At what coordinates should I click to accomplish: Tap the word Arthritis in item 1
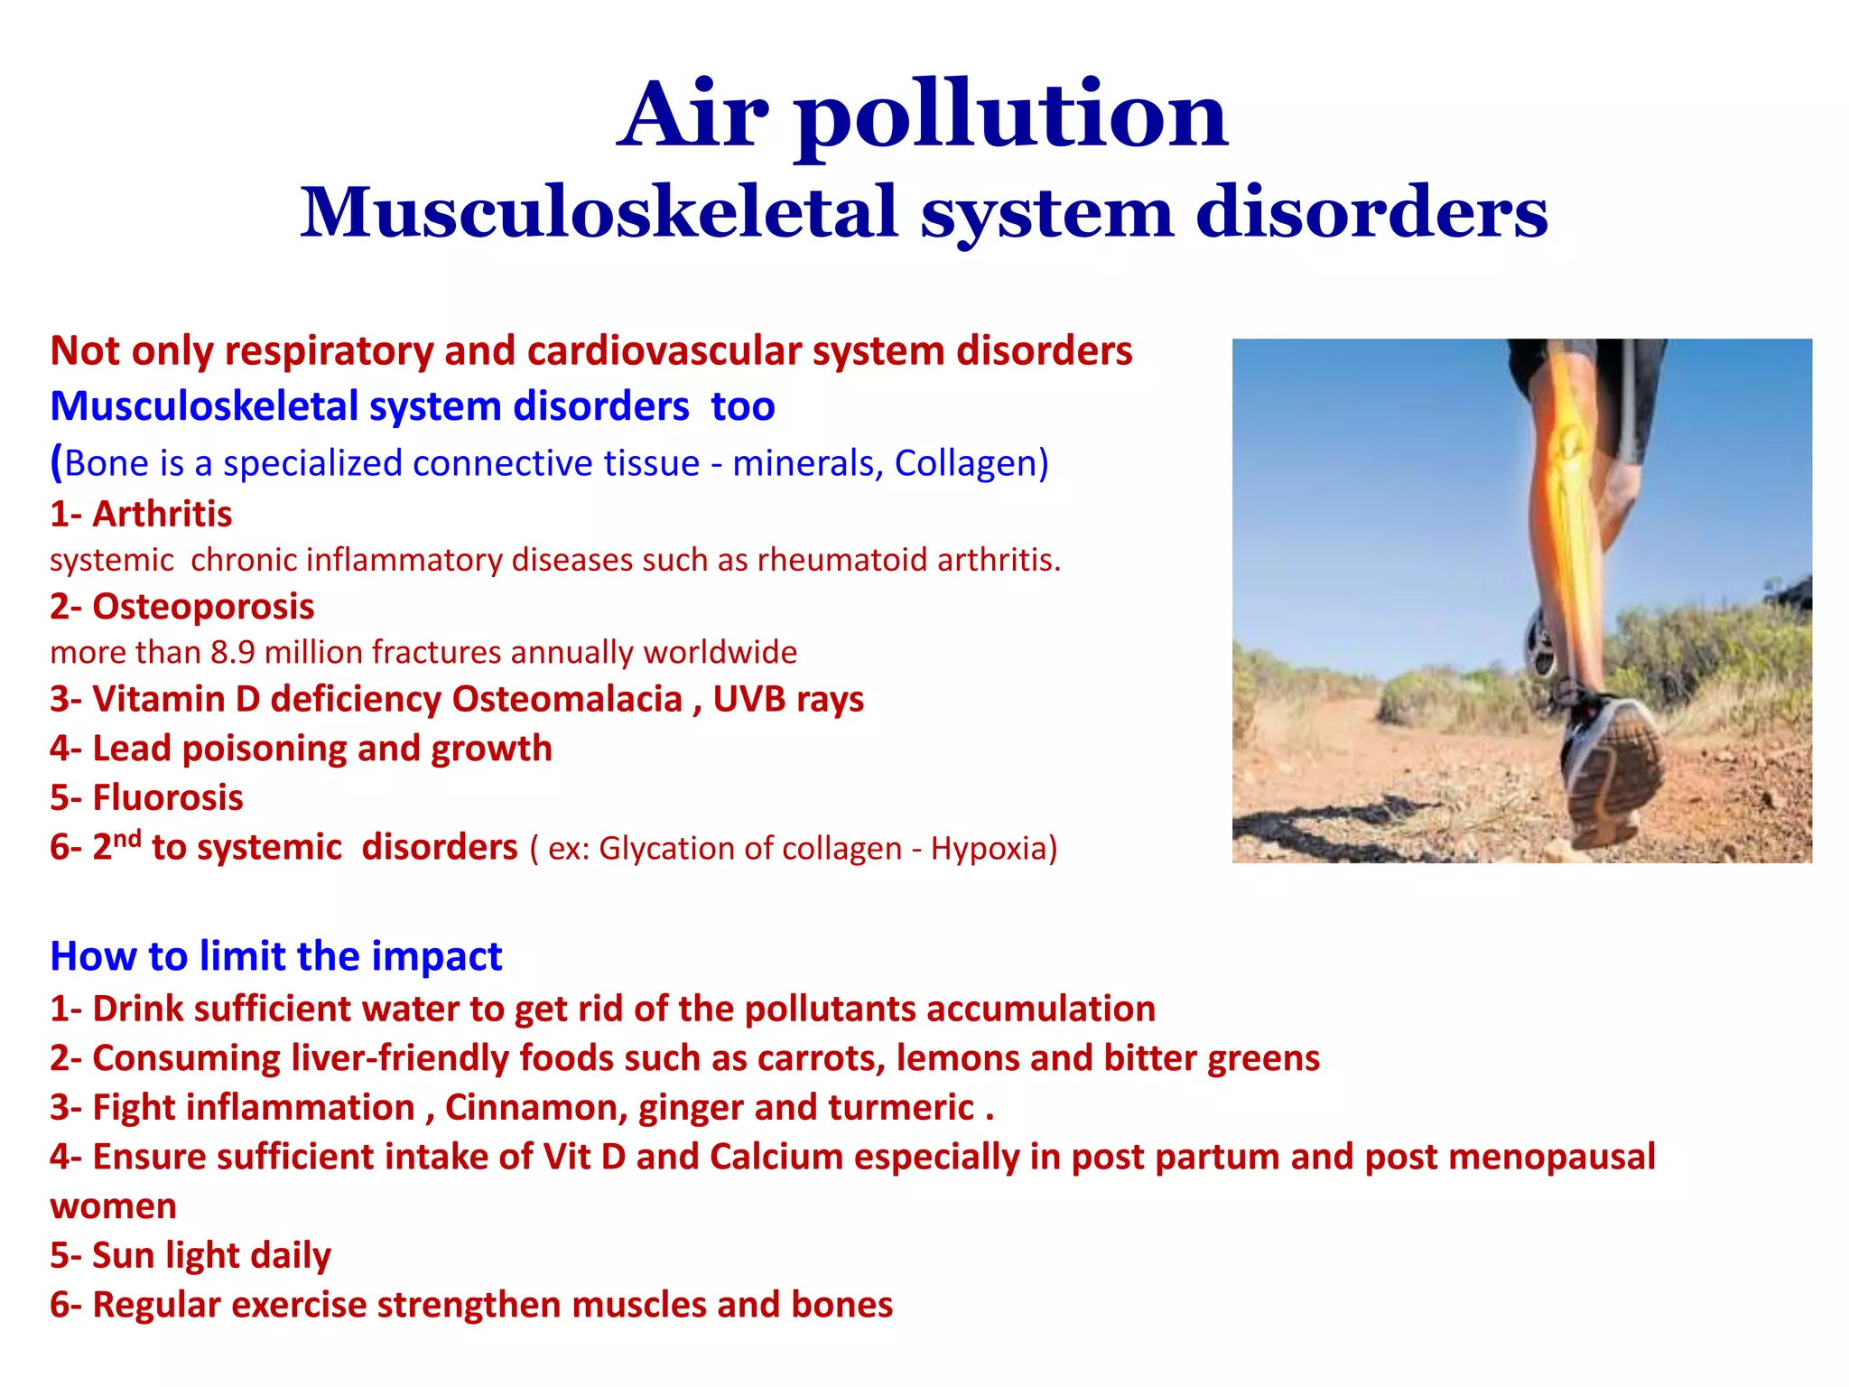(x=163, y=514)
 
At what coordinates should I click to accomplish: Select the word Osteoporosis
(x=203, y=606)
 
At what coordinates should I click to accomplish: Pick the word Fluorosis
(x=168, y=797)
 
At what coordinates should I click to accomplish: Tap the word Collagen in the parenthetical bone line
(x=966, y=462)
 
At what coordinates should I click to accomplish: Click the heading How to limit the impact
(x=276, y=955)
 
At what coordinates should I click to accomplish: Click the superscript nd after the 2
(x=127, y=838)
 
